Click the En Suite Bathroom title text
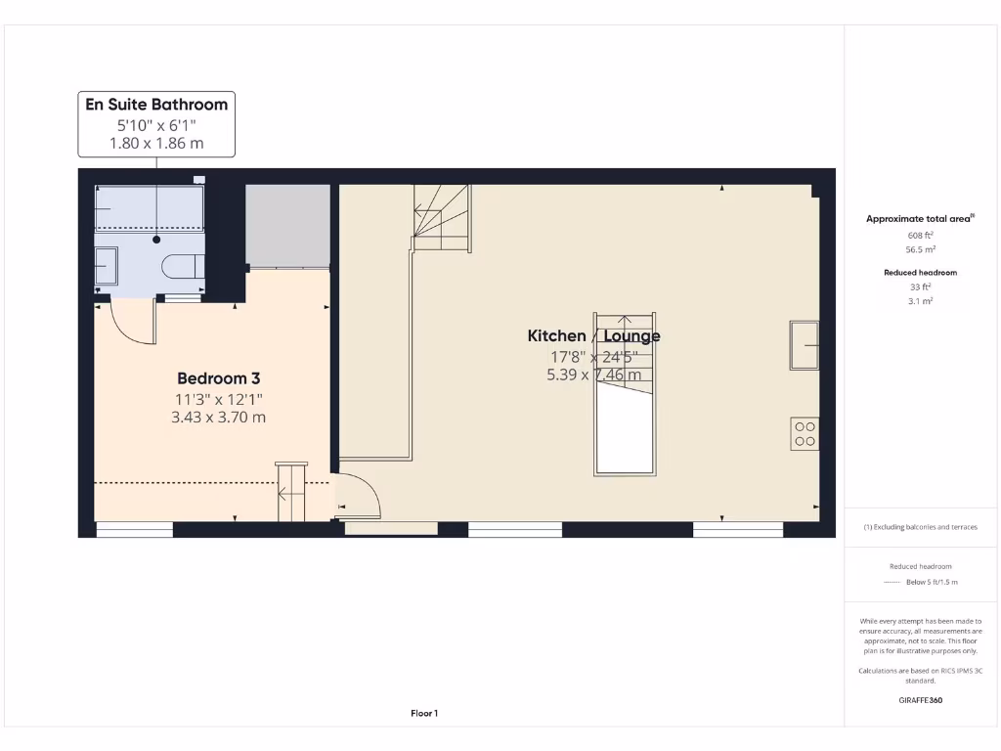pyautogui.click(x=156, y=105)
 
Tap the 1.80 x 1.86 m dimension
pyautogui.click(x=156, y=143)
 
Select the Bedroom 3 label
pyautogui.click(x=218, y=378)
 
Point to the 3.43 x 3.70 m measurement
pyautogui.click(x=218, y=417)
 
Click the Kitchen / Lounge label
pyautogui.click(x=593, y=336)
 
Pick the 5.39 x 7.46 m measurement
pyautogui.click(x=593, y=375)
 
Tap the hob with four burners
pyautogui.click(x=805, y=433)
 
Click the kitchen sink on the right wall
pyautogui.click(x=805, y=345)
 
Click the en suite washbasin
pyautogui.click(x=107, y=265)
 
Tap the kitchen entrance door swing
pyautogui.click(x=359, y=493)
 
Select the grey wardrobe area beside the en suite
pyautogui.click(x=287, y=225)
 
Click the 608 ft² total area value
pyautogui.click(x=920, y=236)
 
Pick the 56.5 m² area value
pyautogui.click(x=920, y=249)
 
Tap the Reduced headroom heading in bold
pyautogui.click(x=920, y=273)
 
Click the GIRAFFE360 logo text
pyautogui.click(x=920, y=700)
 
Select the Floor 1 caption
pyautogui.click(x=423, y=714)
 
